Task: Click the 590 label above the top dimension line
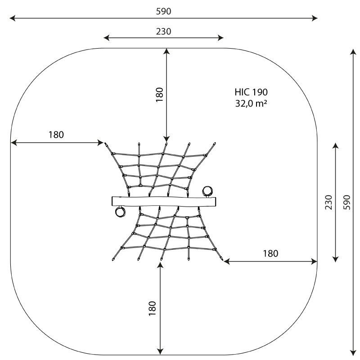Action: (163, 11)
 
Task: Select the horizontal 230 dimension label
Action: (163, 31)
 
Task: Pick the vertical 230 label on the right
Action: (328, 202)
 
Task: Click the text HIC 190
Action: (251, 92)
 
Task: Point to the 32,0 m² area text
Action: (251, 103)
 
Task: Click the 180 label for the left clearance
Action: (56, 135)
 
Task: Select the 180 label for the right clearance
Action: (270, 253)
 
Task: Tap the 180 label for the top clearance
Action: (159, 95)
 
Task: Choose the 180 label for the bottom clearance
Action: (152, 308)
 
